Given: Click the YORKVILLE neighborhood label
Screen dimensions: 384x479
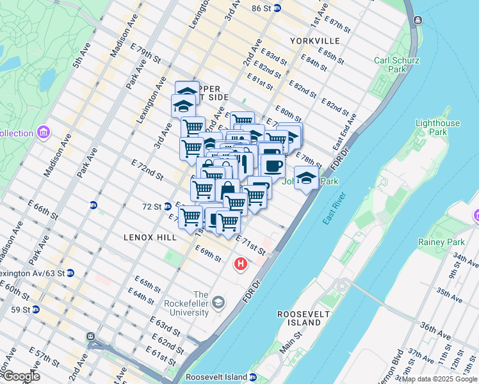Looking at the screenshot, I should [314, 40].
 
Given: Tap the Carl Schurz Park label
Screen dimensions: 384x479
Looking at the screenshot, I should [397, 65].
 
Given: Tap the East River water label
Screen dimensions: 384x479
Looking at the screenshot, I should [336, 209].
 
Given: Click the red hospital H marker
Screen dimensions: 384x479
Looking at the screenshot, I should [241, 263].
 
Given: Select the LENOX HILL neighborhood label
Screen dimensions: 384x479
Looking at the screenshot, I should [150, 237].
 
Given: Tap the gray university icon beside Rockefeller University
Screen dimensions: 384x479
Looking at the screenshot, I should [218, 302].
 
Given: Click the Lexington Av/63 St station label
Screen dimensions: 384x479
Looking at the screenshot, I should [32, 273].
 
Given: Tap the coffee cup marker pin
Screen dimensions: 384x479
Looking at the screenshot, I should [273, 166].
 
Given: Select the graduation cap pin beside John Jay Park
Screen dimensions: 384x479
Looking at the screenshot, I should [306, 178].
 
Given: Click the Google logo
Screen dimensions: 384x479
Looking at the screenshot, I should [20, 376].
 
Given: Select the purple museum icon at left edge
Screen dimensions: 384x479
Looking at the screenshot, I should [44, 132].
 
